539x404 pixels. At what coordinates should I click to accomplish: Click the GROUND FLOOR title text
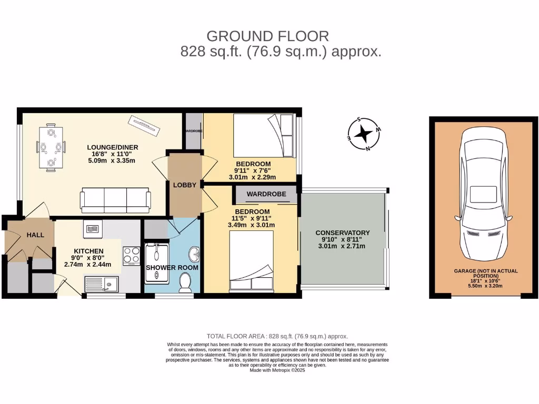(267, 36)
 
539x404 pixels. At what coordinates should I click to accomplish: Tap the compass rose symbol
(363, 134)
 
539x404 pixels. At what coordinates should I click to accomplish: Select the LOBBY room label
(185, 185)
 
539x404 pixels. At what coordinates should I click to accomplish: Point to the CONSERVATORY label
(342, 233)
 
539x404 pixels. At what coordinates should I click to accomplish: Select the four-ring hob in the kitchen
(131, 256)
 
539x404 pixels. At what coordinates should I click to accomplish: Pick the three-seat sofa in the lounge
(115, 199)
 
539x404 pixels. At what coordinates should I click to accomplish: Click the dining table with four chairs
(51, 147)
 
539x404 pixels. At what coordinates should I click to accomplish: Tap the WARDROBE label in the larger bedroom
(266, 194)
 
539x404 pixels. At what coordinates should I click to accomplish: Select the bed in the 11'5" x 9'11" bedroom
(252, 261)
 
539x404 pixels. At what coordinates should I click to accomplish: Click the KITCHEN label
(88, 251)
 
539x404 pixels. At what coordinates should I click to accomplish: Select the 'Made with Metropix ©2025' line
(277, 370)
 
